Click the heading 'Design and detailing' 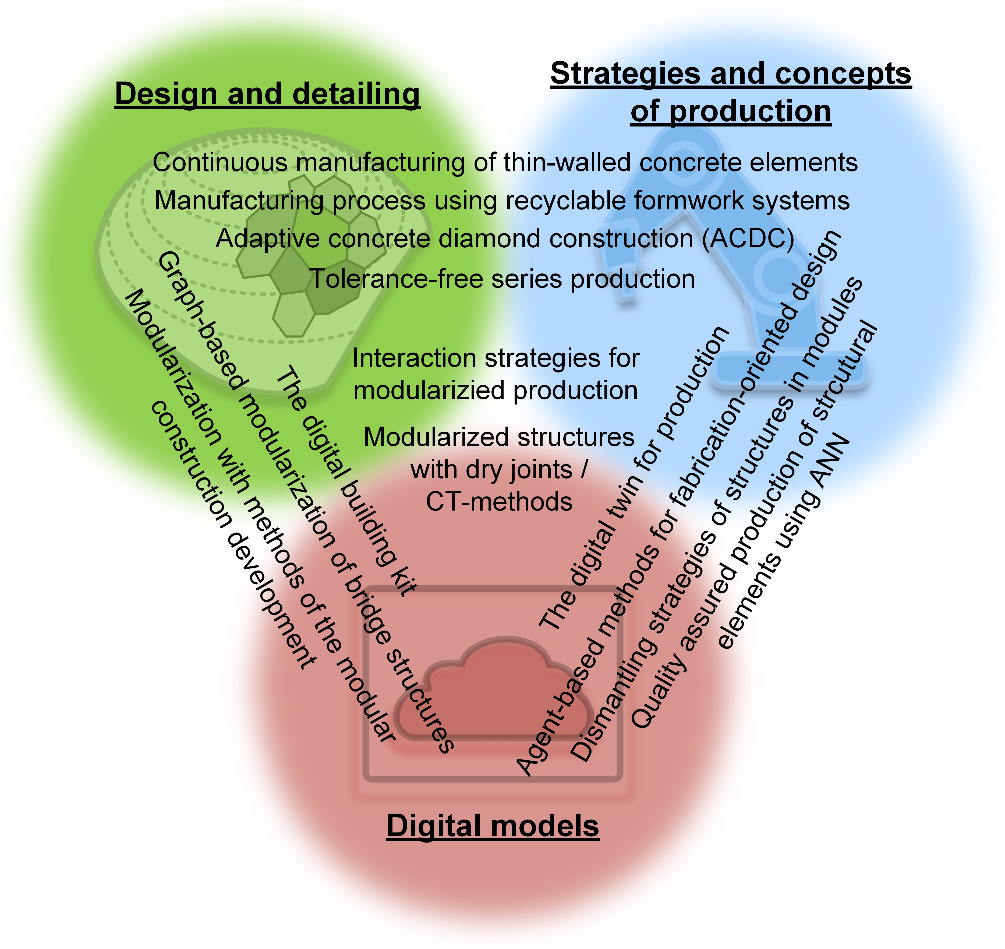click(267, 94)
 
